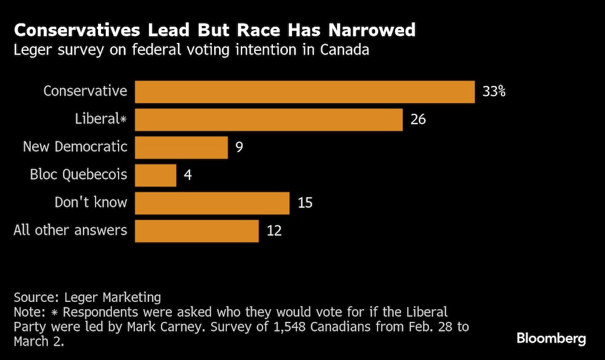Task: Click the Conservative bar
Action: pyautogui.click(x=304, y=92)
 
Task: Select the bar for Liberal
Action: pyautogui.click(x=269, y=120)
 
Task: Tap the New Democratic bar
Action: pyautogui.click(x=181, y=148)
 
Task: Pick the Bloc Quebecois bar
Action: pyautogui.click(x=155, y=175)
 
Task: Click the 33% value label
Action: pyautogui.click(x=494, y=92)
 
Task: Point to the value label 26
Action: pyautogui.click(x=418, y=120)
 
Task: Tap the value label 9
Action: pyautogui.click(x=240, y=148)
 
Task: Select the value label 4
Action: pyautogui.click(x=188, y=175)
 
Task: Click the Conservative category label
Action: pyautogui.click(x=85, y=92)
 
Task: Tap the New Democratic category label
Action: pyautogui.click(x=75, y=147)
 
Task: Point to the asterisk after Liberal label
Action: pyautogui.click(x=123, y=119)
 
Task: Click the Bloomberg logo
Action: pyautogui.click(x=551, y=338)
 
